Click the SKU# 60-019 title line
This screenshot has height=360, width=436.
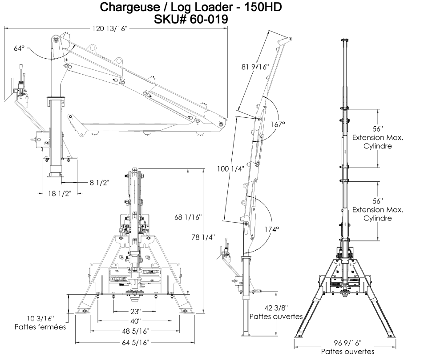tap(191, 19)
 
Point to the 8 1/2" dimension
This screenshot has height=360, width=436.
tap(99, 182)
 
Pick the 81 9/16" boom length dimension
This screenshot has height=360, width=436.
tap(255, 67)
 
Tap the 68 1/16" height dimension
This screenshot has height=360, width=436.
tap(188, 217)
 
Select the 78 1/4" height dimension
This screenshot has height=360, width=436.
tap(206, 237)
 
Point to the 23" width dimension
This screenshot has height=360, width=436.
tap(135, 311)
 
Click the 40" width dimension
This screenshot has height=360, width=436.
tap(135, 321)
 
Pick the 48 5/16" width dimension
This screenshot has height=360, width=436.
tap(135, 331)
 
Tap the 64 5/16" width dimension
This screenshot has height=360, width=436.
tap(135, 342)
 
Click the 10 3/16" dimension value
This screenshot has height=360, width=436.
tap(40, 318)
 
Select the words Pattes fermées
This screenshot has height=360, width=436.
tap(40, 327)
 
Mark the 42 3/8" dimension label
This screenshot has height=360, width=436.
tap(275, 308)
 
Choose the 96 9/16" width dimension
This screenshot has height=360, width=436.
tap(347, 343)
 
